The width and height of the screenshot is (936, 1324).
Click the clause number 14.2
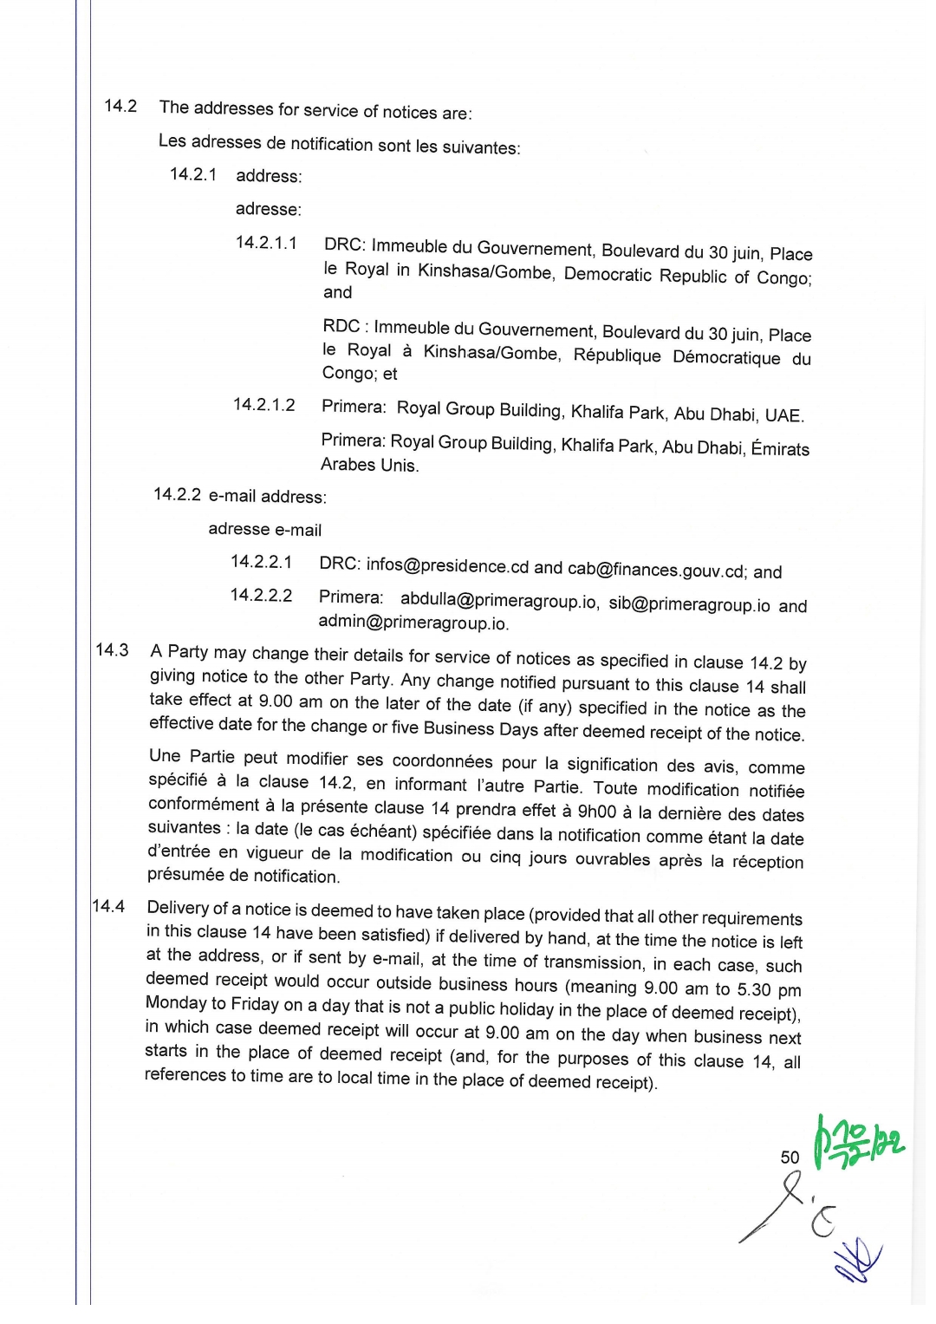pyautogui.click(x=120, y=106)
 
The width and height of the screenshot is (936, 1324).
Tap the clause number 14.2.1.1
pyautogui.click(x=266, y=243)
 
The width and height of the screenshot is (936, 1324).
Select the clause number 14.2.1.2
pyautogui.click(x=264, y=405)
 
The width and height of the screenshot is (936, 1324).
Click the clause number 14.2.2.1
pyautogui.click(x=261, y=562)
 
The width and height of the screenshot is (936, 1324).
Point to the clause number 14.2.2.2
pyautogui.click(x=261, y=596)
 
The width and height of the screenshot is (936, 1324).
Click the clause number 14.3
pyautogui.click(x=112, y=650)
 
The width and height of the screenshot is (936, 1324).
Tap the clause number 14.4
pyautogui.click(x=108, y=906)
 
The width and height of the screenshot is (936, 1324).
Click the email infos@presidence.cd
pyautogui.click(x=447, y=566)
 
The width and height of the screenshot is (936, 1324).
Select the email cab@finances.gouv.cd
pyautogui.click(x=656, y=571)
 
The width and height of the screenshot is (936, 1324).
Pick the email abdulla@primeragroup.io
pyautogui.click(x=498, y=600)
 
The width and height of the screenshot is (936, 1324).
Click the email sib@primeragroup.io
pyautogui.click(x=689, y=604)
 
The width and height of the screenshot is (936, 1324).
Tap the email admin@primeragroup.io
pyautogui.click(x=413, y=623)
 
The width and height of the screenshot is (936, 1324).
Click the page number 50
pyautogui.click(x=790, y=1158)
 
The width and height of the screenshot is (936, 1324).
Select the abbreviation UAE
pyautogui.click(x=783, y=415)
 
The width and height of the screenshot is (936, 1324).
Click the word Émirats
pyautogui.click(x=780, y=449)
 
